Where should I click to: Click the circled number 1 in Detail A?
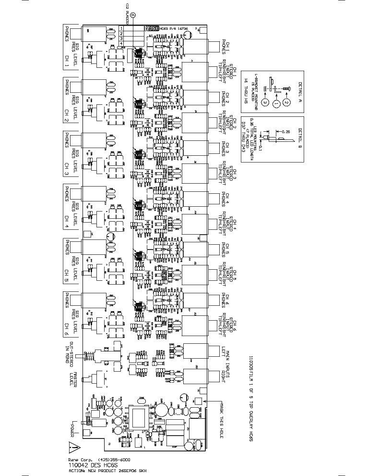[276, 103]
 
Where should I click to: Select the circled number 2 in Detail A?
[286, 102]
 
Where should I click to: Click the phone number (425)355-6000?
[114, 459]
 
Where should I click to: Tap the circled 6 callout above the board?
[133, 15]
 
